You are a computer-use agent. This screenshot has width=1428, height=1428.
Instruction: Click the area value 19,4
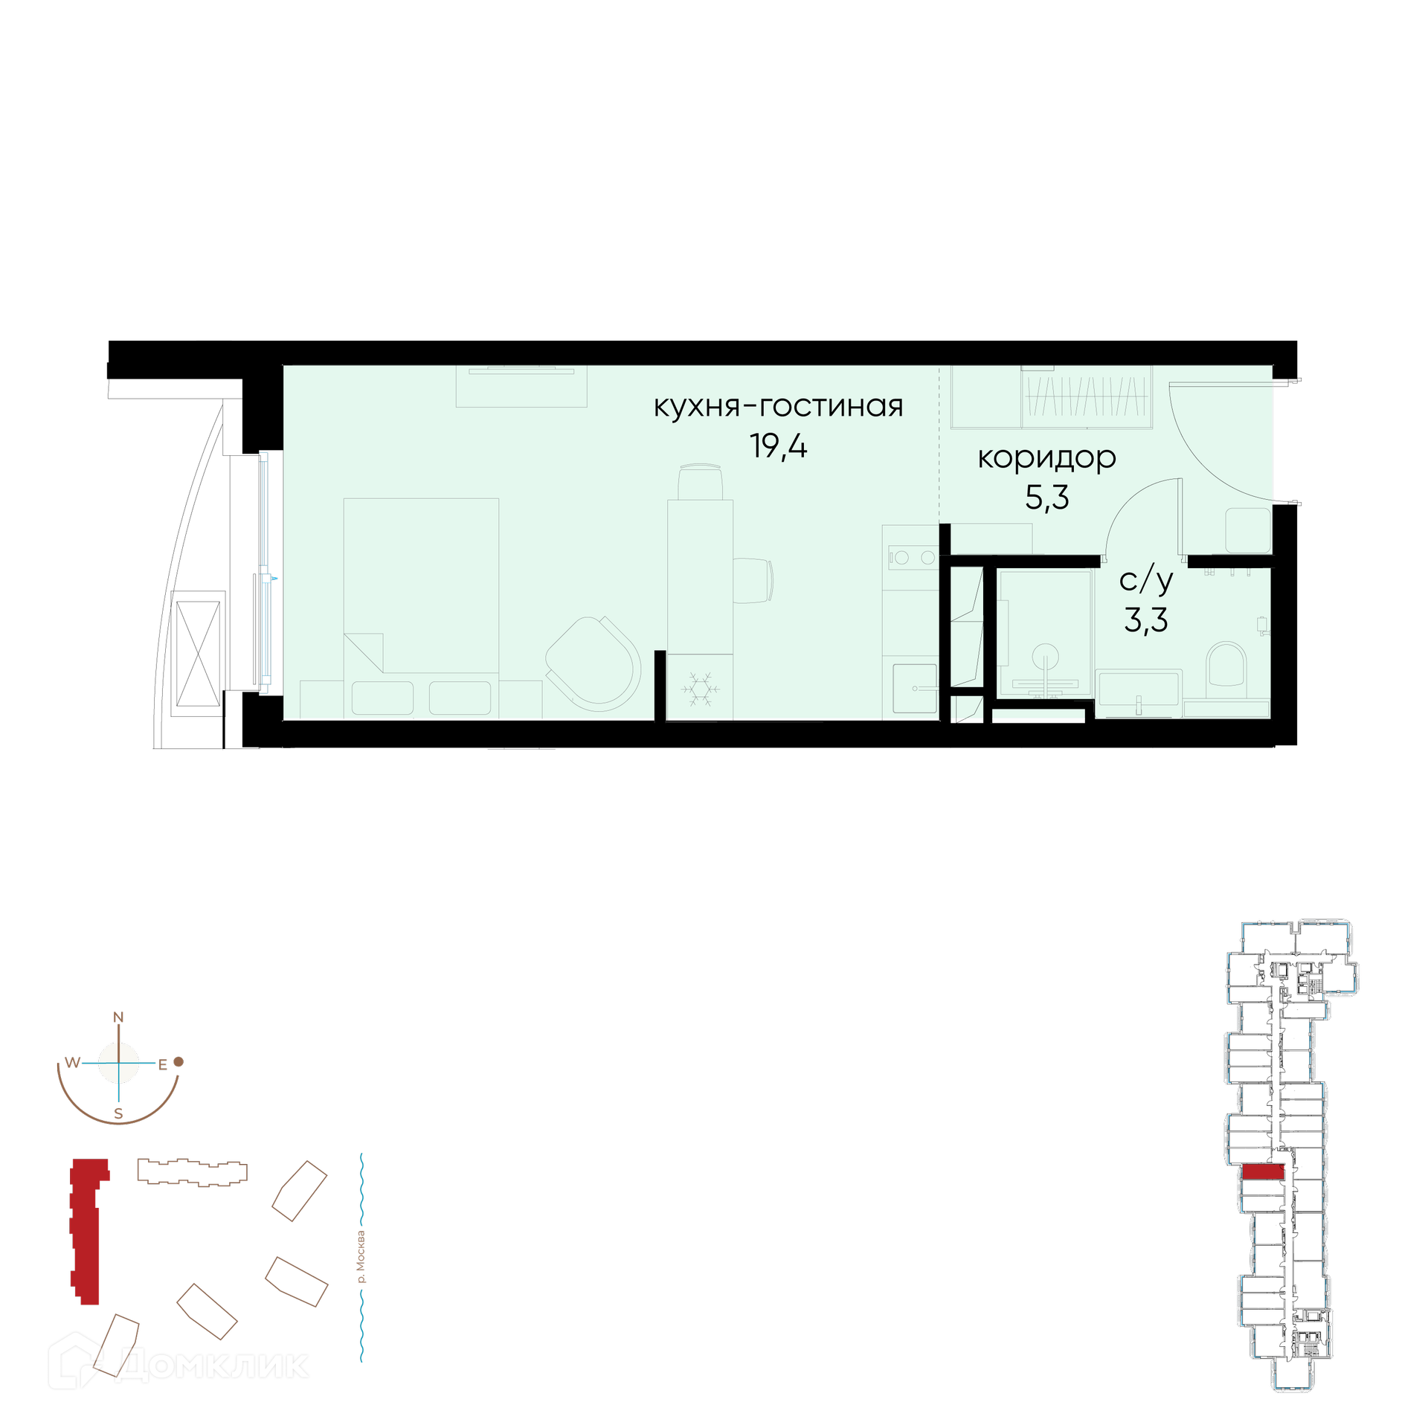click(x=778, y=447)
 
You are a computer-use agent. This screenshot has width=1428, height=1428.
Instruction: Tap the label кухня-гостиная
click(x=778, y=406)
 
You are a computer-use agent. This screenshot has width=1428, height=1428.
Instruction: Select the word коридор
click(x=1046, y=458)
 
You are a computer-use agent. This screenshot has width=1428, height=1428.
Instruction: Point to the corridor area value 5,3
click(x=1047, y=498)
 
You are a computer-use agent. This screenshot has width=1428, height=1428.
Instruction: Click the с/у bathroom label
click(x=1146, y=580)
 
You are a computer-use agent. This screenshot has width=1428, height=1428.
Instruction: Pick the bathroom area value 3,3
click(x=1146, y=620)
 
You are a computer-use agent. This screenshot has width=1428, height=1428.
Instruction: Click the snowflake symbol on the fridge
click(x=700, y=689)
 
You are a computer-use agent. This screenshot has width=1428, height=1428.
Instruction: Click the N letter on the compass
click(x=118, y=1017)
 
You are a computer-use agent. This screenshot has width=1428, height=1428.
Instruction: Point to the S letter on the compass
click(x=118, y=1113)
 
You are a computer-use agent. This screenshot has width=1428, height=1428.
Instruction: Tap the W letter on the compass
click(x=72, y=1062)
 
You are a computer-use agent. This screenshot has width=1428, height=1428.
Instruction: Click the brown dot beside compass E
click(x=178, y=1062)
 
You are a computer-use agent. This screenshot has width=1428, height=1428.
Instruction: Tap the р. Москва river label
click(x=361, y=1257)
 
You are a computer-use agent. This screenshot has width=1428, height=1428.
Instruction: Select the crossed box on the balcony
click(x=199, y=654)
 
